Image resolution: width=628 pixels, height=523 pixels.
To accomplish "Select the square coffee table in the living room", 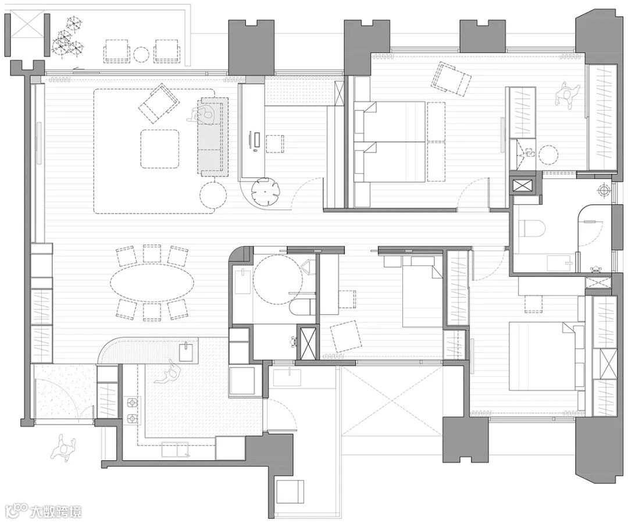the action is click(159, 148).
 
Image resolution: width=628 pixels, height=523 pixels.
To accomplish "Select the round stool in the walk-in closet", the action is click(549, 154).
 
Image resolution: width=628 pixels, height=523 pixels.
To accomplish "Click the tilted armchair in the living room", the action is click(159, 105).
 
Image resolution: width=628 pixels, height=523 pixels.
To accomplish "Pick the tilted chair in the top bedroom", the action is click(452, 78).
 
